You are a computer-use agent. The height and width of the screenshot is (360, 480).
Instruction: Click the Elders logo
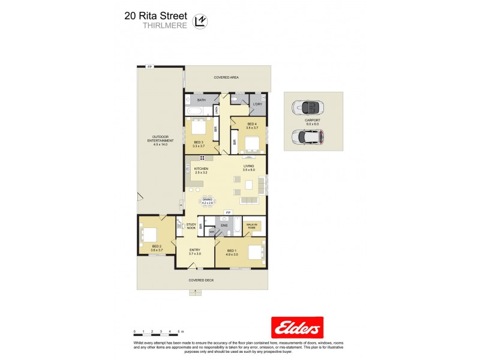[x=298, y=328]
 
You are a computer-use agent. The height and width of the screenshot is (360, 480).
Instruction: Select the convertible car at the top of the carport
[x=307, y=109]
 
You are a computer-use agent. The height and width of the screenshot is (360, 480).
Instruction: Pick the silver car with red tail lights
[x=307, y=137]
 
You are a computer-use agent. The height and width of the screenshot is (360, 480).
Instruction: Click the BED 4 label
[x=252, y=125]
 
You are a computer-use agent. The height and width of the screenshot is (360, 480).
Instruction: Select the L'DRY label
[x=257, y=105]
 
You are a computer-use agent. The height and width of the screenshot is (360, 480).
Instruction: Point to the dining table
[x=208, y=200]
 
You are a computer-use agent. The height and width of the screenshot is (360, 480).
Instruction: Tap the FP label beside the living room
[x=227, y=213]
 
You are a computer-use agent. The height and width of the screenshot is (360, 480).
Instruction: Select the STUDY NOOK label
[x=191, y=227]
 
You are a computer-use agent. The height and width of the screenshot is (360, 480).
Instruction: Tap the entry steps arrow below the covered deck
[x=195, y=292]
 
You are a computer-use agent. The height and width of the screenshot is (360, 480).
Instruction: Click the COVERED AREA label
[x=226, y=78]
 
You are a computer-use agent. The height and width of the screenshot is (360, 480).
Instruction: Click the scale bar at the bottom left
[x=158, y=331]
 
